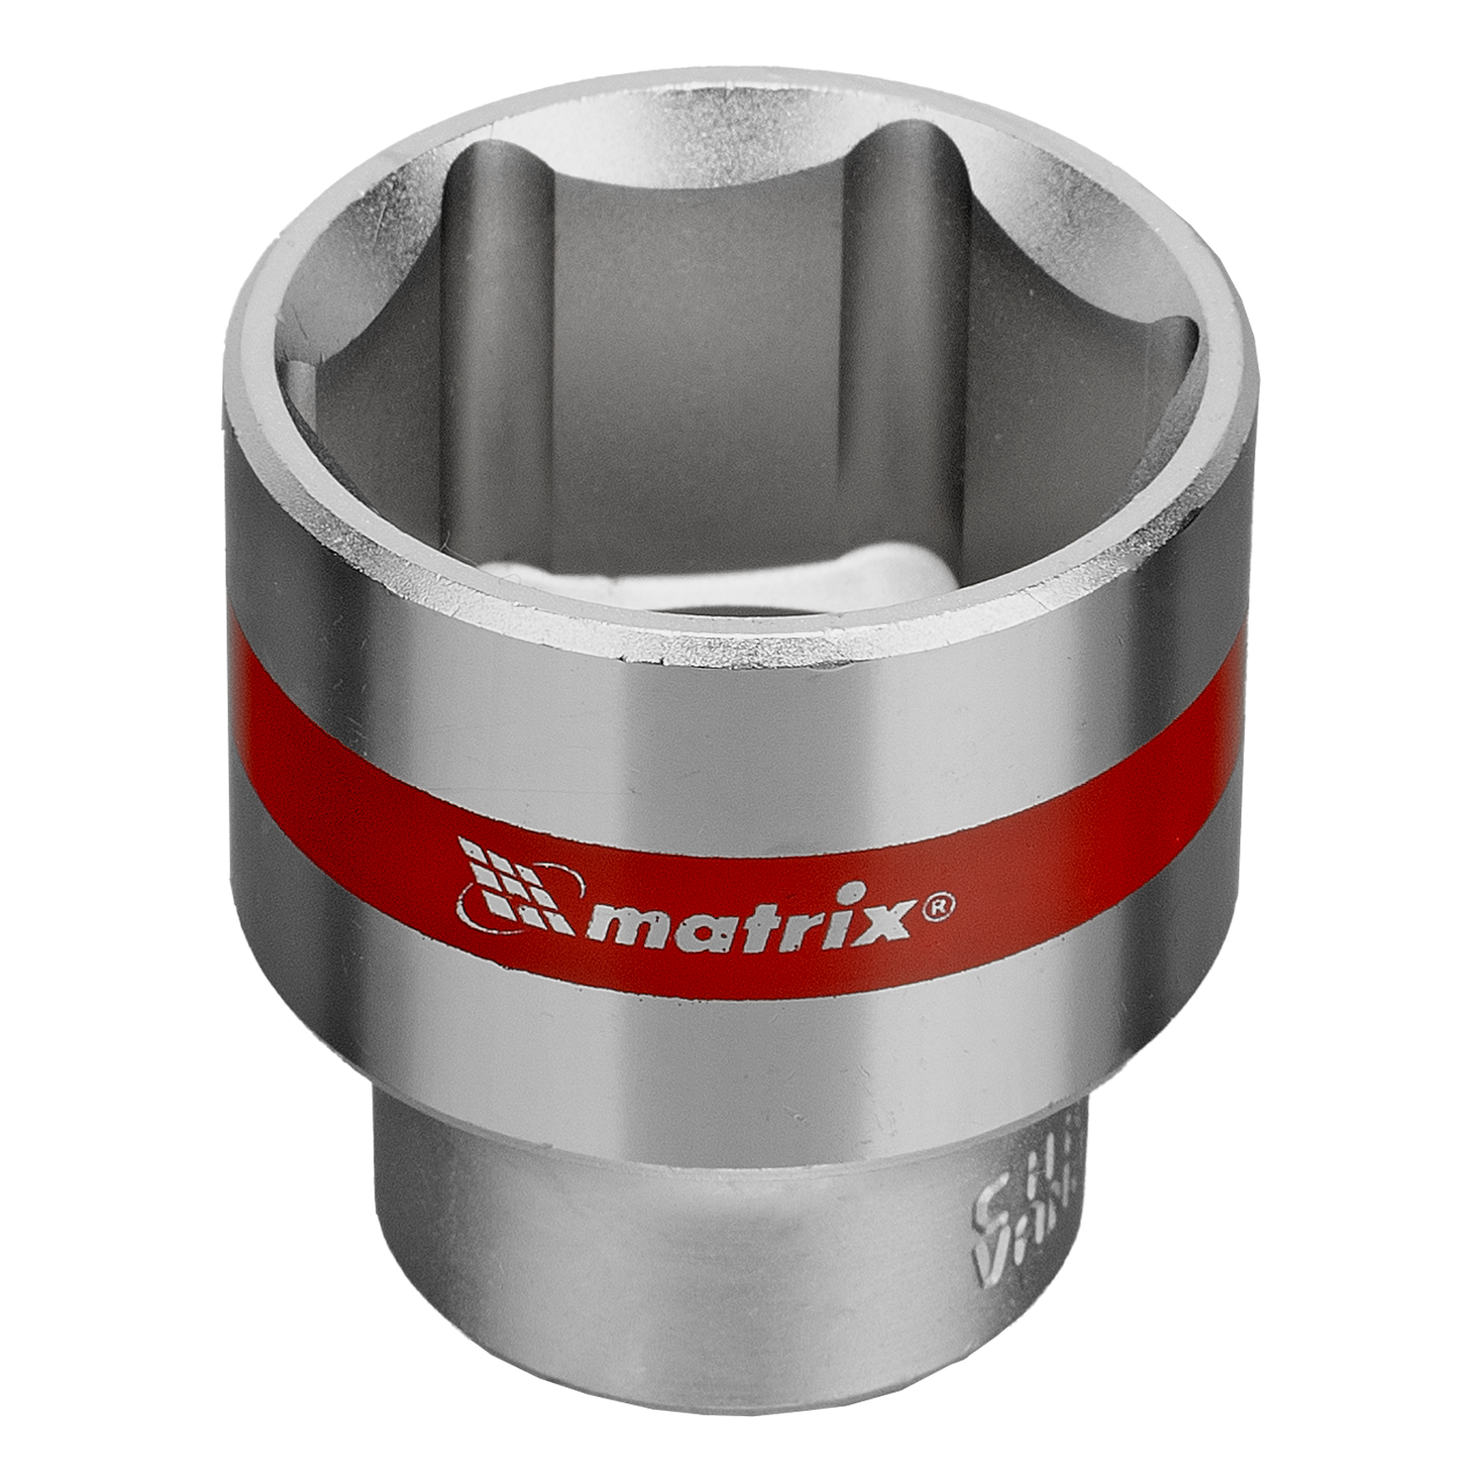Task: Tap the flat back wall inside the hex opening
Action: (704, 324)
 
